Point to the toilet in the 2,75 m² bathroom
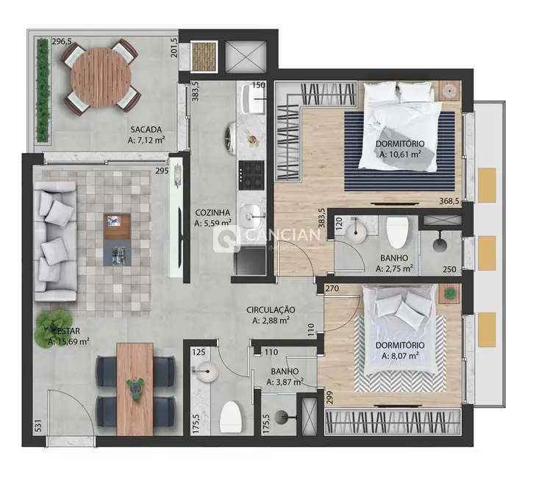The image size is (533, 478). (398, 232)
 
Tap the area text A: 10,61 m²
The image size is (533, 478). (400, 154)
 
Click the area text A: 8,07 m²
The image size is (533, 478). (400, 356)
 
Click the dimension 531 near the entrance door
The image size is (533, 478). (37, 426)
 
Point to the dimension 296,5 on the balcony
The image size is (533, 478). (62, 42)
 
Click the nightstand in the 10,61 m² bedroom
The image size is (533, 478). (448, 90)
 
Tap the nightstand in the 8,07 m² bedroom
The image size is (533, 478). (448, 293)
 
